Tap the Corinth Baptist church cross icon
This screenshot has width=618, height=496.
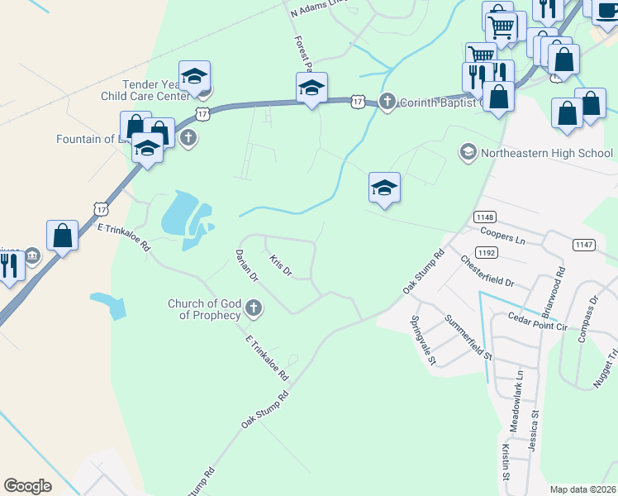tap(387, 102)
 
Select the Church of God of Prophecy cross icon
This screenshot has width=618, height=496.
tap(254, 309)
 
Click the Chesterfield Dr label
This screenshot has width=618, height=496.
tap(487, 270)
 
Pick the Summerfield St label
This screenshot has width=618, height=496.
tap(468, 336)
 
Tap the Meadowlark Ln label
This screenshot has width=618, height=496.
tap(520, 388)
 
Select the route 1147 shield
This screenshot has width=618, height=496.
tap(583, 244)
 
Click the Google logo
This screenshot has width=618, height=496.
tap(28, 486)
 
